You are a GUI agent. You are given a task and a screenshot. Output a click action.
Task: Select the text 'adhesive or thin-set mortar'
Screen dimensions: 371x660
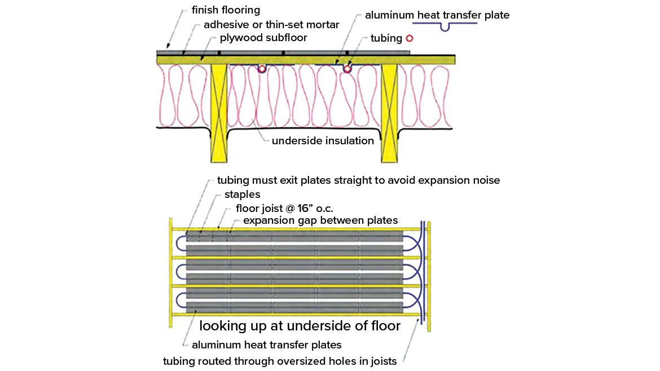271,25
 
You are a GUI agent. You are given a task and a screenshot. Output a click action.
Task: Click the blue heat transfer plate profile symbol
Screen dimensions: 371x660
445,26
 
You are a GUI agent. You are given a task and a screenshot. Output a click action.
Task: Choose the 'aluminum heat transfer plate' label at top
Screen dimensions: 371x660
437,15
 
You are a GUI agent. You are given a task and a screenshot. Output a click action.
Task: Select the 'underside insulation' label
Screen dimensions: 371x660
323,141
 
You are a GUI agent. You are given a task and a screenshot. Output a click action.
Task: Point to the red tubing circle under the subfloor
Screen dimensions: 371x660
347,69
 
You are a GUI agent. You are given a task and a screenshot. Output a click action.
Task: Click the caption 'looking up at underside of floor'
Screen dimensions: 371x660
300,325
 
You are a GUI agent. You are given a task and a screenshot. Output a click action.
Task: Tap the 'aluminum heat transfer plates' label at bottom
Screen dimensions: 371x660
266,344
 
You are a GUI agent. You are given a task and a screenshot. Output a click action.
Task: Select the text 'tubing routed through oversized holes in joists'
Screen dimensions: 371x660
280,361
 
